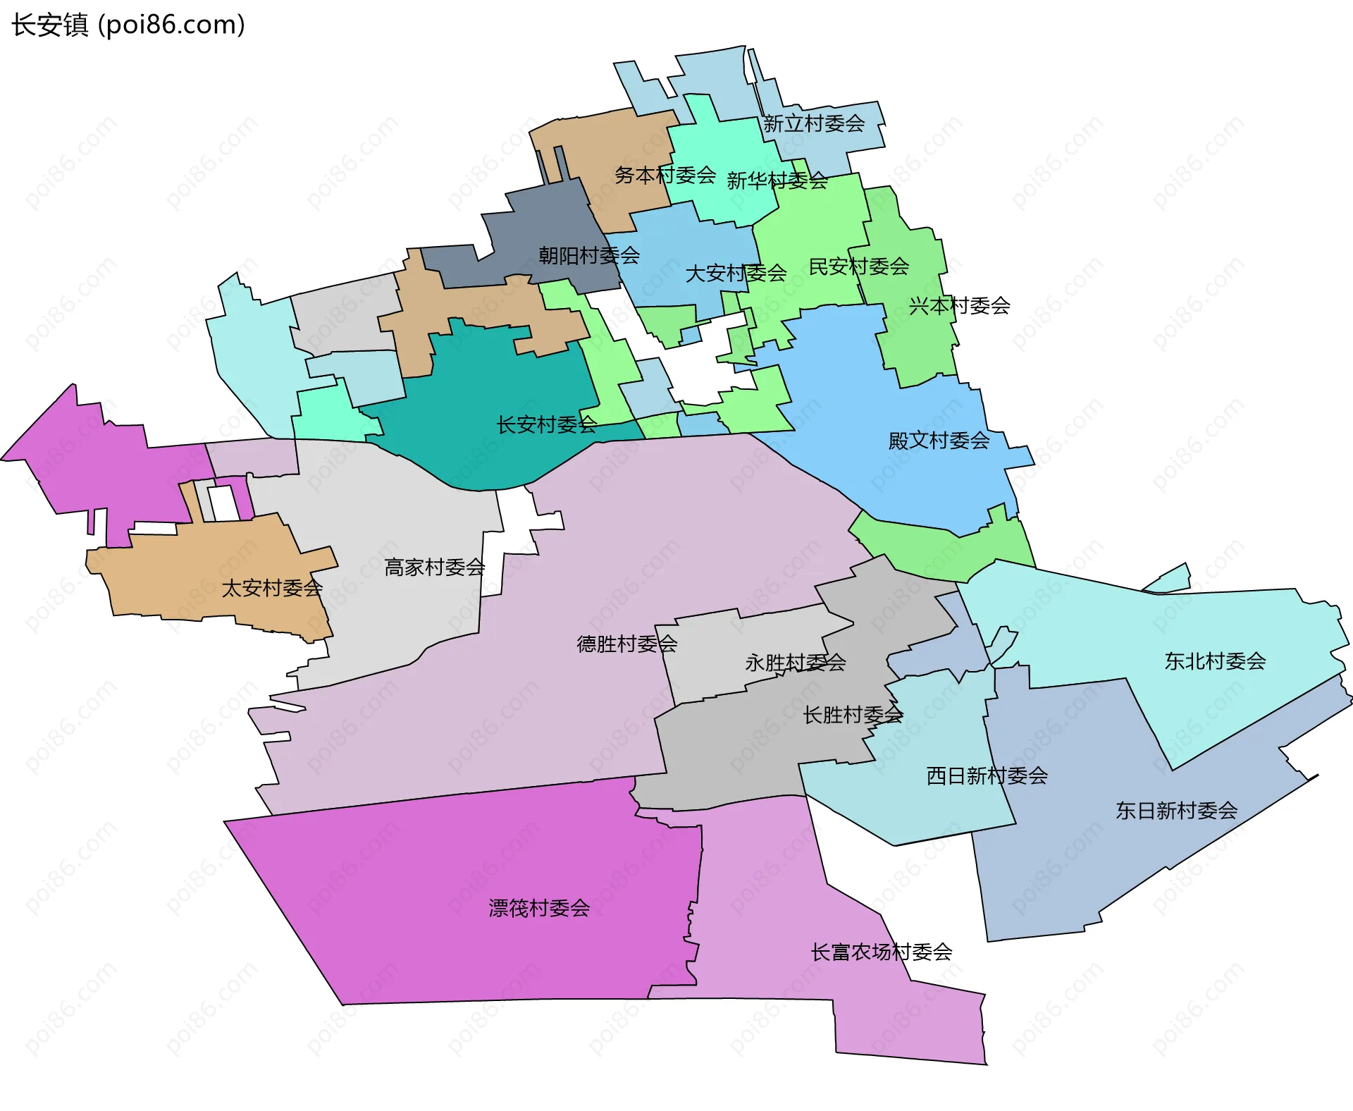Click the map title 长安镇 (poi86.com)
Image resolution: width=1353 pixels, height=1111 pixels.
point(128,25)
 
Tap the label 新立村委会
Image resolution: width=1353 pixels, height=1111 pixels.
point(814,124)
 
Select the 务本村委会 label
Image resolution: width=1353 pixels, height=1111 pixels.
point(665,175)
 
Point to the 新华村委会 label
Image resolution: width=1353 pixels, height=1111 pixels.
point(777,181)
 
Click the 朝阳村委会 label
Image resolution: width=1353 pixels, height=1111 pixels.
point(589,255)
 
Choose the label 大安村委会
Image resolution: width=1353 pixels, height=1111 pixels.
point(736,273)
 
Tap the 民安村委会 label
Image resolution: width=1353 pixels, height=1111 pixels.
point(858,266)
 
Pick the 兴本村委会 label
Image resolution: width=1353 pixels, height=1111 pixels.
point(959,306)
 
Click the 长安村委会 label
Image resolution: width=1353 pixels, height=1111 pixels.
point(547,424)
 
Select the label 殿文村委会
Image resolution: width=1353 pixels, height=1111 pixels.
point(939,441)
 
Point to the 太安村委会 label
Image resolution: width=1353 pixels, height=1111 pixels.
point(272,588)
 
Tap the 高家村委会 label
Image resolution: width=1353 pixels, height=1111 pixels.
point(434,567)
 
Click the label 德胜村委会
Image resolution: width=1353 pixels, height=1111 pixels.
point(626,644)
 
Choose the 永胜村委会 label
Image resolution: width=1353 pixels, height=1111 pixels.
point(795,663)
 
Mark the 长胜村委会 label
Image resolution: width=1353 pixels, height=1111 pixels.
point(853,715)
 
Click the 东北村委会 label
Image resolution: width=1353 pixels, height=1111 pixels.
point(1215,661)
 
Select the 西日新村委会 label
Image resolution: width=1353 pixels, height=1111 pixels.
point(987,776)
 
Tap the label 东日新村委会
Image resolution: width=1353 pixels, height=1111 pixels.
point(1176,811)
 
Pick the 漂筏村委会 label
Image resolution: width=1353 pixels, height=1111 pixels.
point(539,908)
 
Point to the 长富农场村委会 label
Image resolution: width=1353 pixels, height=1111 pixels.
point(881,952)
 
